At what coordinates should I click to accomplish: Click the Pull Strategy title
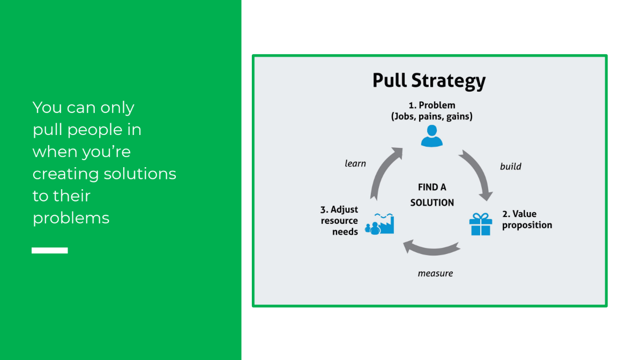pyautogui.click(x=429, y=81)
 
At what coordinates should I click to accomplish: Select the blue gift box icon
pyautogui.click(x=480, y=224)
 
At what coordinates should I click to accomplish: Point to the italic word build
pyautogui.click(x=510, y=167)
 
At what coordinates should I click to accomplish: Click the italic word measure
pyautogui.click(x=435, y=274)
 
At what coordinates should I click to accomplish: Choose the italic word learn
pyautogui.click(x=355, y=163)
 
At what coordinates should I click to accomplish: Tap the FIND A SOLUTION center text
pyautogui.click(x=432, y=195)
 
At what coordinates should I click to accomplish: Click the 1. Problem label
pyautogui.click(x=431, y=105)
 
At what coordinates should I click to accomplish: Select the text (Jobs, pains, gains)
pyautogui.click(x=431, y=116)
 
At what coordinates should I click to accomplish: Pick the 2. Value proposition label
pyautogui.click(x=526, y=220)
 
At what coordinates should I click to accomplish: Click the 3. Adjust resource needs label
pyautogui.click(x=339, y=220)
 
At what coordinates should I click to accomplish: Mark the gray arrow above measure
pyautogui.click(x=431, y=249)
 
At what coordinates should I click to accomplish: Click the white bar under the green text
pyautogui.click(x=50, y=250)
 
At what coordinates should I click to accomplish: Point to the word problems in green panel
pyautogui.click(x=71, y=218)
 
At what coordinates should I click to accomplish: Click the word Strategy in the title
pyautogui.click(x=449, y=81)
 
